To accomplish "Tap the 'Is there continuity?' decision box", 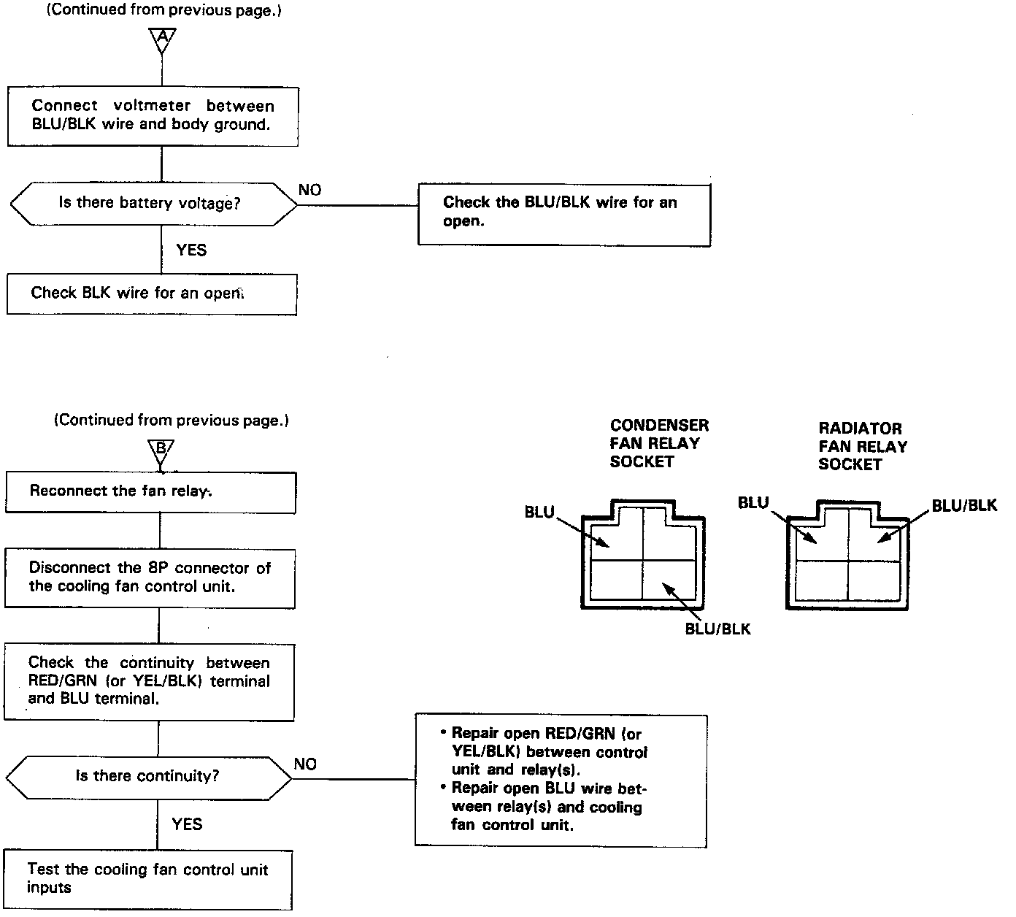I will (149, 777).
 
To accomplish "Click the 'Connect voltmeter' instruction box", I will (153, 116).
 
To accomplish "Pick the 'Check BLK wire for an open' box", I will (152, 294).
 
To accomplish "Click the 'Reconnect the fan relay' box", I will (150, 492).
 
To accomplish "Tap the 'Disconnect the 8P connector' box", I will (150, 578).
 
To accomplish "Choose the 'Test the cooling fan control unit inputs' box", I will (148, 879).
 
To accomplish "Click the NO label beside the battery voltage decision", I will (309, 191).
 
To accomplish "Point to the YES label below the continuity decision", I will (187, 824).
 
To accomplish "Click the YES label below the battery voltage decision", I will (191, 250).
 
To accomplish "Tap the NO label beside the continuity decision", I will (305, 764).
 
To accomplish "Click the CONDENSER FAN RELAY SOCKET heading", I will (658, 443).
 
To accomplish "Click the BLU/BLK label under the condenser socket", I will (717, 629).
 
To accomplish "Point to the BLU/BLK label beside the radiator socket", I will (963, 506).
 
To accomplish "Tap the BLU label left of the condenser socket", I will (539, 513).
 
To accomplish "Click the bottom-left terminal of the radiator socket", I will (822, 580).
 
